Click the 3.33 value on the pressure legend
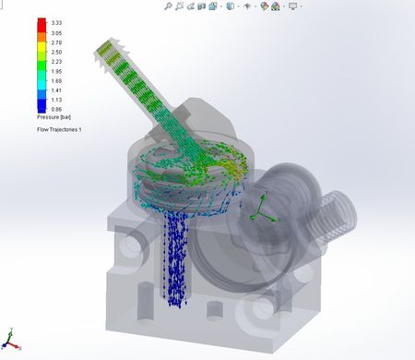[x=56, y=23]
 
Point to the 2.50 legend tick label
[x=56, y=53]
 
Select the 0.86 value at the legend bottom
[x=56, y=109]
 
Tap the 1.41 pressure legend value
[x=56, y=90]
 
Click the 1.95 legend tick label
[x=56, y=71]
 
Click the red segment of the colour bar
[x=41, y=25]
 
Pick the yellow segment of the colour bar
[x=41, y=47]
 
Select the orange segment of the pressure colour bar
[x=41, y=37]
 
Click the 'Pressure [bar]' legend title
[x=54, y=117]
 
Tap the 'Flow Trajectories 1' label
[x=59, y=129]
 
